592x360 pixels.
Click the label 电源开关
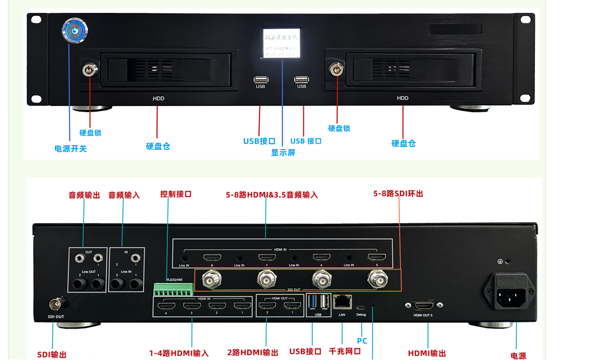coord(71,149)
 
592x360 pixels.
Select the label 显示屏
coord(283,153)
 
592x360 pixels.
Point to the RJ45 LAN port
coord(341,302)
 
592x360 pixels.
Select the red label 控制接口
coord(176,194)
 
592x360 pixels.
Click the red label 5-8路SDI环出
coord(399,193)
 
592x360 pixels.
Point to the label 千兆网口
coord(345,352)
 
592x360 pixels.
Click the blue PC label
coord(362,341)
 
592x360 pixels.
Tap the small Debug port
coord(361,307)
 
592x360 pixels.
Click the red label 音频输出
coord(84,195)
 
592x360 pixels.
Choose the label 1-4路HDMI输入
coord(179,353)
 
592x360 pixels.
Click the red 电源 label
coord(519,356)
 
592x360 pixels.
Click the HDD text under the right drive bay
coord(403,98)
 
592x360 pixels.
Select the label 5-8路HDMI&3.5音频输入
coord(272,195)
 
